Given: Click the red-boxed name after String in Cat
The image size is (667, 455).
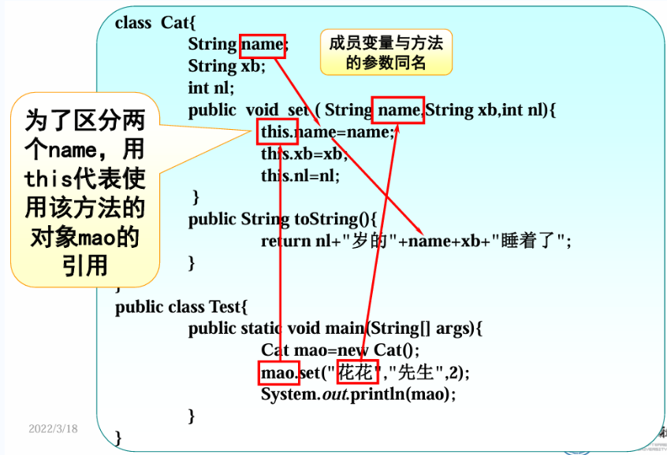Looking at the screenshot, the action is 262,45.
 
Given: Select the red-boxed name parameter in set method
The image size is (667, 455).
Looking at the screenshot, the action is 398,110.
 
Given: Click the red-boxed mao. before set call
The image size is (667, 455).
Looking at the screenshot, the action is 278,372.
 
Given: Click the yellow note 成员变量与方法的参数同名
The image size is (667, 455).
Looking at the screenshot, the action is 386,53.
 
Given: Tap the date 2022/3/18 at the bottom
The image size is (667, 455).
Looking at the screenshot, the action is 54,428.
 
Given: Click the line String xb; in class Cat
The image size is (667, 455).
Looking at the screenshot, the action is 227,66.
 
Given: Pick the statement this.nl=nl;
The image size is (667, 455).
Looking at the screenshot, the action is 300,176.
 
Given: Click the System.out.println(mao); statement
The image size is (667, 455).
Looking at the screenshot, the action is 359,394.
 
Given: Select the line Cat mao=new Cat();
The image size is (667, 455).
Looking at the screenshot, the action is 341,350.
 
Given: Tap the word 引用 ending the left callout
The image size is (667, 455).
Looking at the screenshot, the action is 84,265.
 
